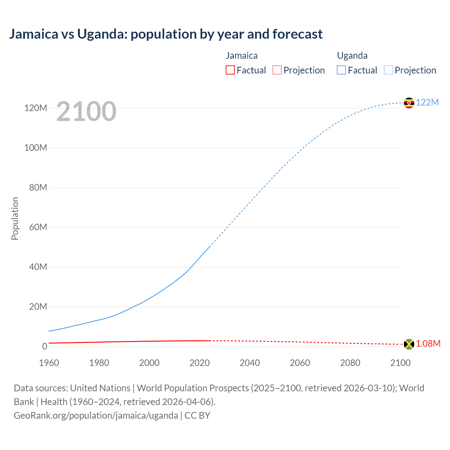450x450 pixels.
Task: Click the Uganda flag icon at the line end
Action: coord(409,103)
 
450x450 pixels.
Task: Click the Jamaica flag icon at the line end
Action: coord(409,344)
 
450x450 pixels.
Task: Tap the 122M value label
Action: coord(427,102)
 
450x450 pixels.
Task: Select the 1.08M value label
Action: coord(428,344)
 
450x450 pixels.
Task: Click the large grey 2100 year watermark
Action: coord(86,111)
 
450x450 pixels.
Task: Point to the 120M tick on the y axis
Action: coord(36,108)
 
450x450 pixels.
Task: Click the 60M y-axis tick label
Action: coord(38,227)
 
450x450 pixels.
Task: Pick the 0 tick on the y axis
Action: coord(44,346)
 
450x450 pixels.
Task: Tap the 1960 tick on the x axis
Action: coord(49,363)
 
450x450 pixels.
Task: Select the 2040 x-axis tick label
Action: coord(250,363)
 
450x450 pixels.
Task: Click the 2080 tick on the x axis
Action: coord(350,363)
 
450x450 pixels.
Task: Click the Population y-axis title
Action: coord(15,218)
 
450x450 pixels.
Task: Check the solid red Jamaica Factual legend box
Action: coord(230,70)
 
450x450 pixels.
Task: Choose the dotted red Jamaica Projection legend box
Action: coord(277,70)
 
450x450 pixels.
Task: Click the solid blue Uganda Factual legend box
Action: coord(341,70)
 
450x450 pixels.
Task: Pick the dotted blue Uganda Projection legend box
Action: coord(388,70)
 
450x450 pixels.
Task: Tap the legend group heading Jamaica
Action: coord(242,56)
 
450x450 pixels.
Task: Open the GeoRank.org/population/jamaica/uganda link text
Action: coord(96,416)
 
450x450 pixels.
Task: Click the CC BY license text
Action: coord(197,416)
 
